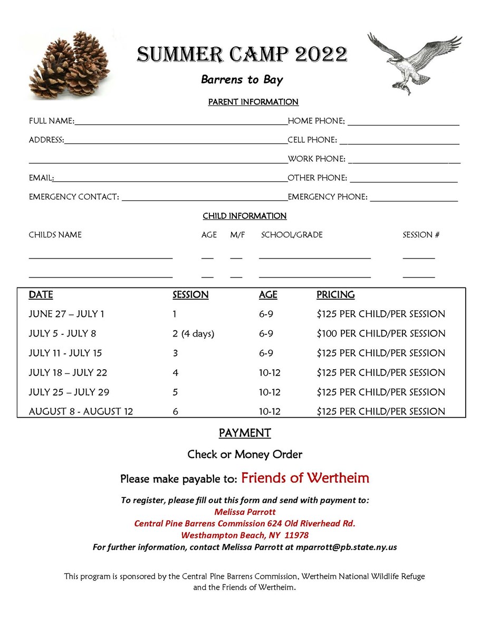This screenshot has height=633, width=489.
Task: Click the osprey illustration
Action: point(414,62)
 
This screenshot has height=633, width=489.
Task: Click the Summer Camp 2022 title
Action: point(242,54)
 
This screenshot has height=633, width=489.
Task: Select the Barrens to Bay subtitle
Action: point(242,80)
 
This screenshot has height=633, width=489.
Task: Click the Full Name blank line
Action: point(181,124)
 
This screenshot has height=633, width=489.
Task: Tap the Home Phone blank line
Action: point(403,124)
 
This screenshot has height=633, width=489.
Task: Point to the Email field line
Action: point(170,181)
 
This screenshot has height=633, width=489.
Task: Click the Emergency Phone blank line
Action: point(414,200)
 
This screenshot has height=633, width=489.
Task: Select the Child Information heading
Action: point(244,216)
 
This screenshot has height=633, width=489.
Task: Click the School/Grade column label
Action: point(292,235)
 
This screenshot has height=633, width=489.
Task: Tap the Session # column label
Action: point(421,235)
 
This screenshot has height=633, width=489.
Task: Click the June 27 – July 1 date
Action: point(66,314)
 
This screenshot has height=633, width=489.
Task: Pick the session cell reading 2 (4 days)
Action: point(194,334)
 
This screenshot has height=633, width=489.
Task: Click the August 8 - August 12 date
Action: point(81,411)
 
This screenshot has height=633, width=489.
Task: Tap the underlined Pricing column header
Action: point(335,295)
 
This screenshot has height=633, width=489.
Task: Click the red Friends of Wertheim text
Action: point(305,478)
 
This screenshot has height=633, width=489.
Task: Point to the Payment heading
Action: point(245,433)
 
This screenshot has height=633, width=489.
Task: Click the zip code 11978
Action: point(296,535)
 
